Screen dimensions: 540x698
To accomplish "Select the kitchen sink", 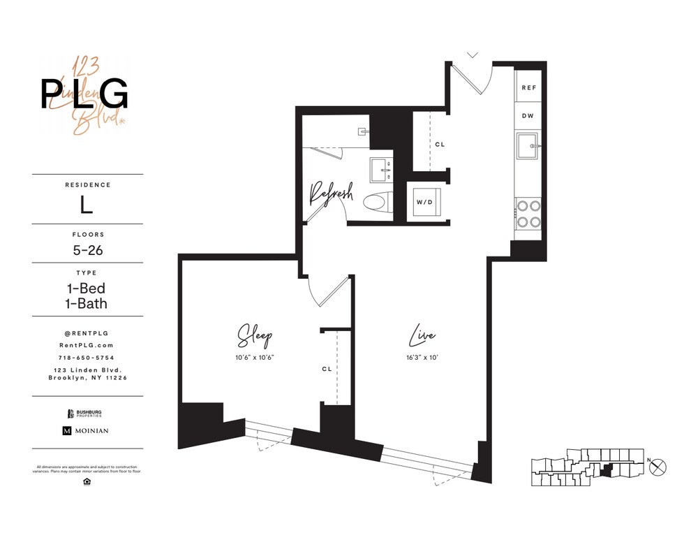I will (527, 146).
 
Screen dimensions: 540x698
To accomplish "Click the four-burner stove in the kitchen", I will (527, 214).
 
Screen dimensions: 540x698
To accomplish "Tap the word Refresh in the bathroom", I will (331, 194).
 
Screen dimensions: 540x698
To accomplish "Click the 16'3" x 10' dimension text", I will (423, 358).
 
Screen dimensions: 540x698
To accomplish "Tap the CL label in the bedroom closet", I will (327, 368).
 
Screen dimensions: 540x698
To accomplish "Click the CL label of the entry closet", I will (439, 145).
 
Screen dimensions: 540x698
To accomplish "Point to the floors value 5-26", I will (87, 249).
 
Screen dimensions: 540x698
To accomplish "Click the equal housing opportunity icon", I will (87, 481).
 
